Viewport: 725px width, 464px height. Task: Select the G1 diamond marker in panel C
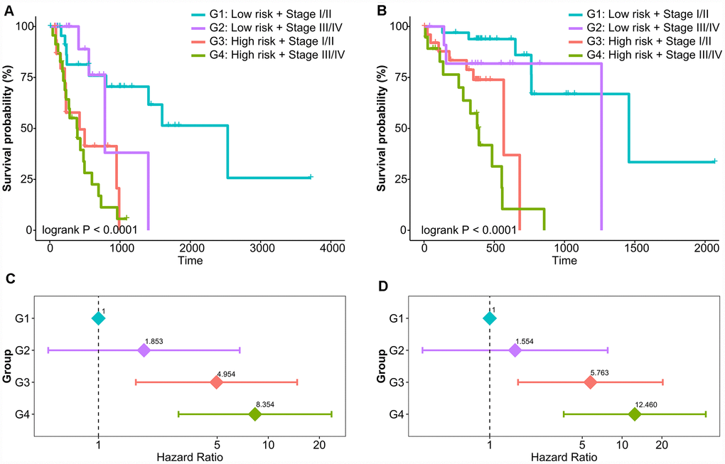pyautogui.click(x=98, y=318)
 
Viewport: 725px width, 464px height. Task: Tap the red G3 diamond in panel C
pyautogui.click(x=217, y=382)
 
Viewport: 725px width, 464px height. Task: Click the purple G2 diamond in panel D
pyautogui.click(x=515, y=350)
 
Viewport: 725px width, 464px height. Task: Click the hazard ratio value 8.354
pyautogui.click(x=265, y=404)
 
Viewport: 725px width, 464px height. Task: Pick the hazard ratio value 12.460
pyautogui.click(x=648, y=404)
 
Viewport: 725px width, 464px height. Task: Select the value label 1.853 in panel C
pyautogui.click(x=153, y=340)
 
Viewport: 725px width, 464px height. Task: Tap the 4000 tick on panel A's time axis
pyautogui.click(x=332, y=247)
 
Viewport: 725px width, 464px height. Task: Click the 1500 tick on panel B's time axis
pyautogui.click(x=636, y=247)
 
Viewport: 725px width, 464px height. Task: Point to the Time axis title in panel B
pyautogui.click(x=566, y=260)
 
